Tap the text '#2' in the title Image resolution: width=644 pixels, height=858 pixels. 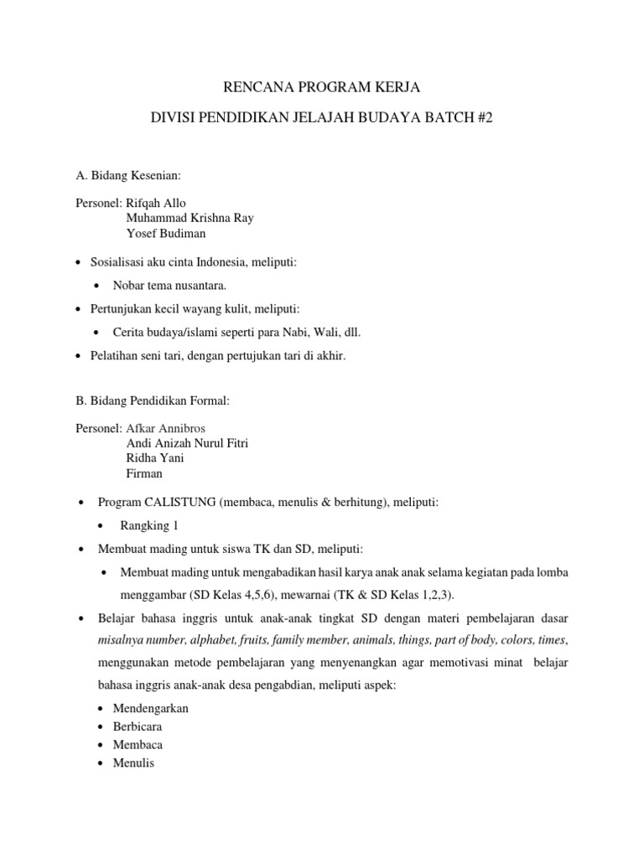[484, 119]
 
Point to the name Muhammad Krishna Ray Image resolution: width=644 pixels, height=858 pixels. [190, 218]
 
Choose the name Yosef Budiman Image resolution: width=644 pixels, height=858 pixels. [165, 233]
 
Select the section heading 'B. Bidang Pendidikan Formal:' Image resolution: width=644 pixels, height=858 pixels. [152, 401]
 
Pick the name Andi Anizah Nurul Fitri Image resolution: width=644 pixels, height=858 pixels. [187, 443]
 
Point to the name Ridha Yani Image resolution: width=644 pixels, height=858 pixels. [155, 458]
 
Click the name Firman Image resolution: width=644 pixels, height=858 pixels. [144, 473]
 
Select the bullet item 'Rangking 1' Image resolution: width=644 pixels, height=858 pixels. [149, 525]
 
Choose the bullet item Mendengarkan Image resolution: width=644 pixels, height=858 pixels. [151, 708]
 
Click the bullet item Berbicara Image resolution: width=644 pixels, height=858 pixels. [138, 726]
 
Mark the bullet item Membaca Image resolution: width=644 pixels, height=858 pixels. [138, 745]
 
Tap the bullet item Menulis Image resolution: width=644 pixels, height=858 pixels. [134, 763]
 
